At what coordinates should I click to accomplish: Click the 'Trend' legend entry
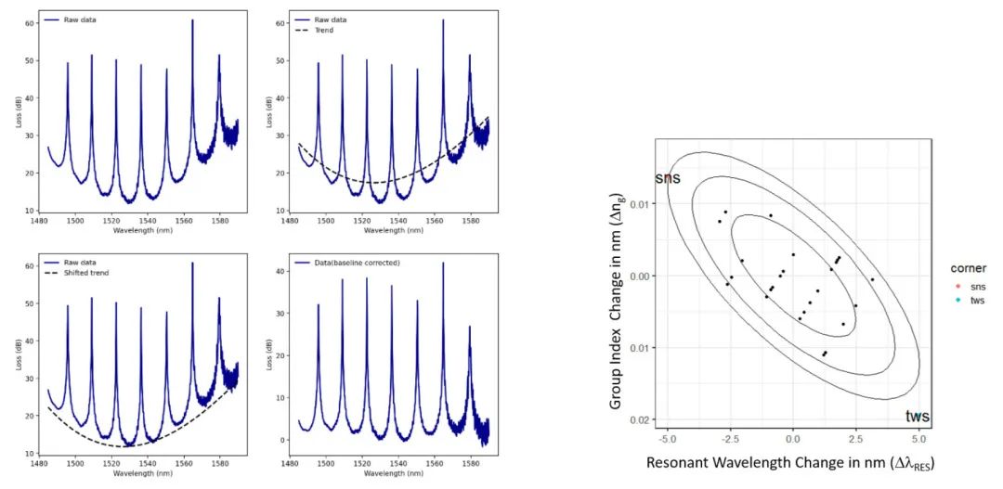point(324,31)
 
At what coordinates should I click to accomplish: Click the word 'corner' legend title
point(969,268)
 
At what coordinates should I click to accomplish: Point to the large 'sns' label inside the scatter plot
point(668,177)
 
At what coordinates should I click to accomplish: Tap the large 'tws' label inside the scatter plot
point(918,417)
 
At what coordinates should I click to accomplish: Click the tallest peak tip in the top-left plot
point(192,19)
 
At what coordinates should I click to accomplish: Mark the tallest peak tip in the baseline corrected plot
point(443,263)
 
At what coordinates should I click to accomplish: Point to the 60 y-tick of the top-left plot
point(30,23)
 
